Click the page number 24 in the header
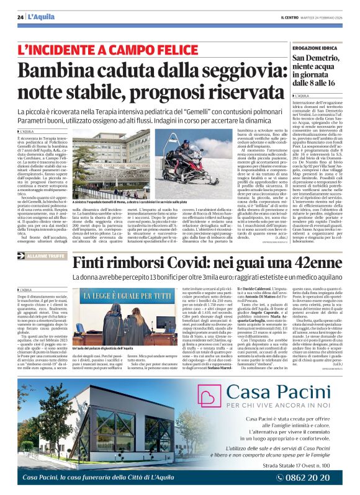coord(20,17)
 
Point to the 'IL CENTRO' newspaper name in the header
coord(288,17)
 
